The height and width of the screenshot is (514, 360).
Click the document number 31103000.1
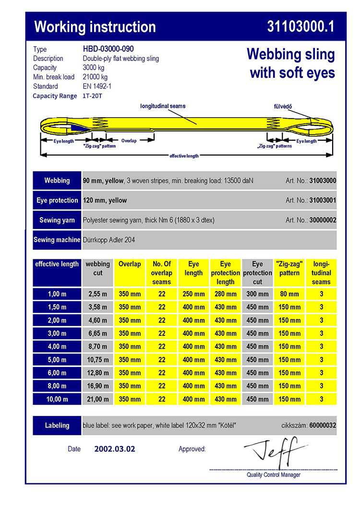300,27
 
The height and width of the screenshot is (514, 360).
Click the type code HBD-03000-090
108,49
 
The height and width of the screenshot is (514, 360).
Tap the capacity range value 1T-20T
92,96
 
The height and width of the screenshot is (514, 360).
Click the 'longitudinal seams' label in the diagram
163,106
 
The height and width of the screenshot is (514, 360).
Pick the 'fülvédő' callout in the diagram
280,106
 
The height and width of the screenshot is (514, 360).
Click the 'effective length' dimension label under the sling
184,156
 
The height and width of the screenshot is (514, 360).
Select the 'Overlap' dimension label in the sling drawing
129,141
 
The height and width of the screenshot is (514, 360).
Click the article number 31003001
323,200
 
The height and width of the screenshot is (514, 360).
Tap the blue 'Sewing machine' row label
57,240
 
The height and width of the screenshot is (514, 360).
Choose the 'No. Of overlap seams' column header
162,273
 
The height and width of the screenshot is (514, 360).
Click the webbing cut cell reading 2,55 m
97,294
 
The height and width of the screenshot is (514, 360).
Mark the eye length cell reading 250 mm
193,294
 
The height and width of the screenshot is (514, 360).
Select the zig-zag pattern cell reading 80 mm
289,294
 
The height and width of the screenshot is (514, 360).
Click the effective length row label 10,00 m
57,399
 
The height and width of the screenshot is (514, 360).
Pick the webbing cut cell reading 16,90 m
97,386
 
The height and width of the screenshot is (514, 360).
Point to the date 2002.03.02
115,449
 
